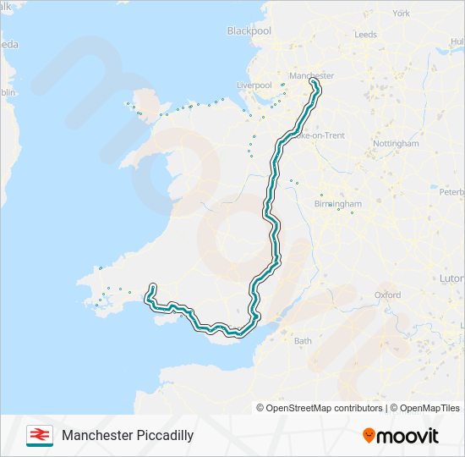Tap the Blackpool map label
coord(249,30)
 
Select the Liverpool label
coord(254,85)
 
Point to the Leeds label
coord(366,35)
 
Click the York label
coord(401,14)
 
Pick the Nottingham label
coord(396,143)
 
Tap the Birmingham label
coord(338,204)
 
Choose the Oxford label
coord(387,295)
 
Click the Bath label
coord(303,341)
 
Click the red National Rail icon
coord(39,435)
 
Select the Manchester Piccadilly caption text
coord(128,435)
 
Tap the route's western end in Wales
coord(152,286)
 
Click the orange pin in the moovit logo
coord(369,435)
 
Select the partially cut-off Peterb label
coord(451,191)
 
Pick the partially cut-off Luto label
coord(452,278)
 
